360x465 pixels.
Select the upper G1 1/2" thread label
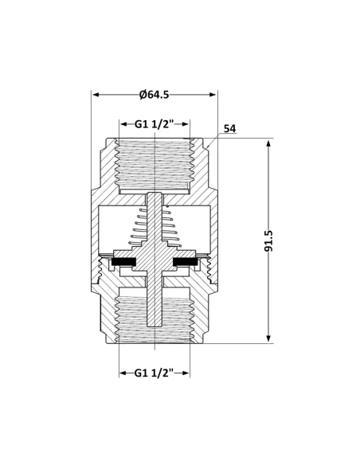coord(154,125)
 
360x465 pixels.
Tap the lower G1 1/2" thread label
coord(154,373)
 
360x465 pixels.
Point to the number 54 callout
coord(229,128)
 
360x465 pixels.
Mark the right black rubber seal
coord(186,263)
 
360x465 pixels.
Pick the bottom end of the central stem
coord(155,325)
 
